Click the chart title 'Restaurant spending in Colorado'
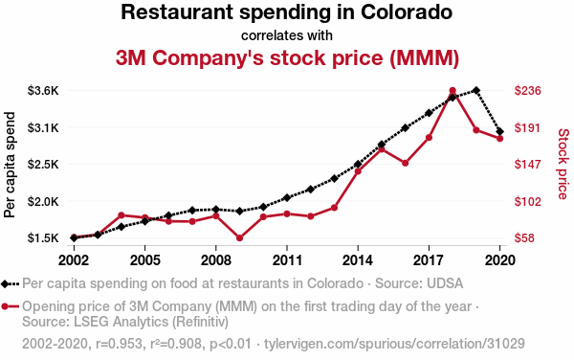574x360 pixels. [287, 13]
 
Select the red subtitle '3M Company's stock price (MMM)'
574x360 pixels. [287, 57]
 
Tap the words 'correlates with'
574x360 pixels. [287, 35]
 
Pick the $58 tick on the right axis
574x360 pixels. [526, 238]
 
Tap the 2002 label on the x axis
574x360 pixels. [74, 259]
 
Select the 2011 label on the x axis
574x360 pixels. [287, 259]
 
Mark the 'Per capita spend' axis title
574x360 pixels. [11, 164]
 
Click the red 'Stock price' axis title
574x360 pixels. [563, 164]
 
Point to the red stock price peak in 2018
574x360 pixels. [453, 91]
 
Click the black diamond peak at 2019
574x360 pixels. [476, 90]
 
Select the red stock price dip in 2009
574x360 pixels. [239, 237]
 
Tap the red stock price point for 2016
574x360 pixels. [406, 163]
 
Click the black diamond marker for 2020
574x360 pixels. [500, 131]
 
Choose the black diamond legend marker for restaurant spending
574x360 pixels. [7, 284]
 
